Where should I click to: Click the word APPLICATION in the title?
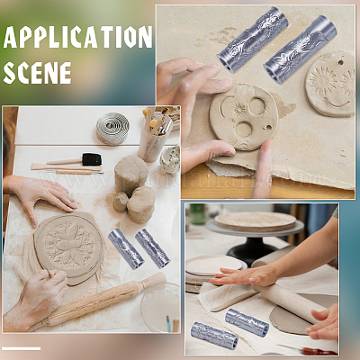coord(77,37)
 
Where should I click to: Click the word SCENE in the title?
coord(38,73)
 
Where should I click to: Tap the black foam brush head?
coord(92,159)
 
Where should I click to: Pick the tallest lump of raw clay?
coord(131,175)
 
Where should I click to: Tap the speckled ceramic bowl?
coord(170,159)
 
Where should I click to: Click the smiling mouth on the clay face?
coord(337,103)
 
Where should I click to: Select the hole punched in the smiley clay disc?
coord(340,63)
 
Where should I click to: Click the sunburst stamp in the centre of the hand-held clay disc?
coord(239,110)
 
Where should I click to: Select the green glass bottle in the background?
coord(198,214)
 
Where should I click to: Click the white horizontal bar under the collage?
coord(21,348)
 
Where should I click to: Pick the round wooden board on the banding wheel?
coord(256,221)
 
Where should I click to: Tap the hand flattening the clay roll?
coord(246,275)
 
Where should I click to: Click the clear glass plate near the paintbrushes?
coord(161,307)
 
